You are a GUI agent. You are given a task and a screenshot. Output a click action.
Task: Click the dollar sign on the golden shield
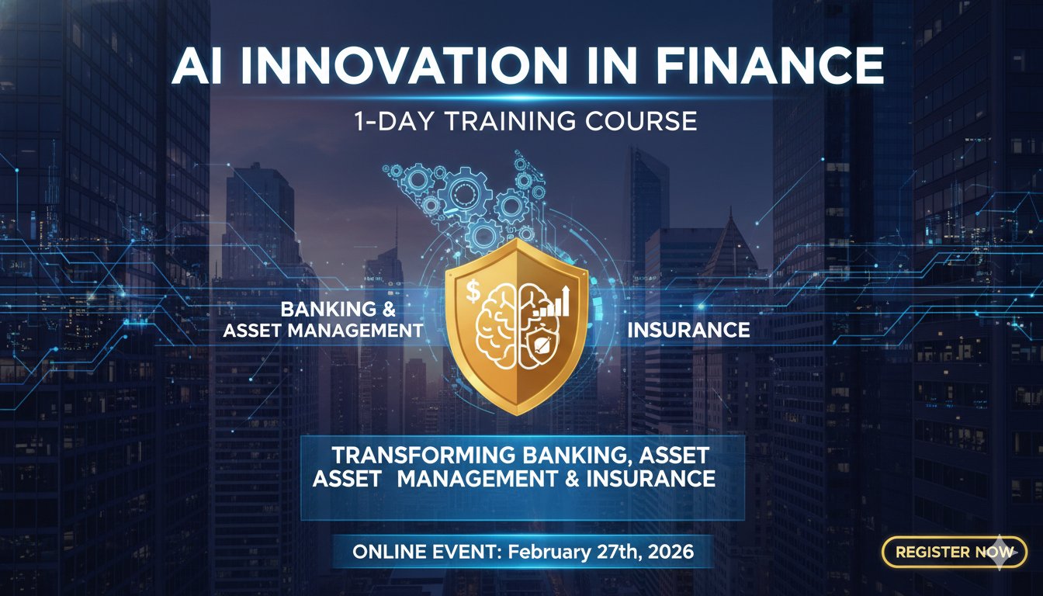pos(473,293)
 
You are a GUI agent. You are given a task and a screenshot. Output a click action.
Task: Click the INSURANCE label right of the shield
pos(688,330)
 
